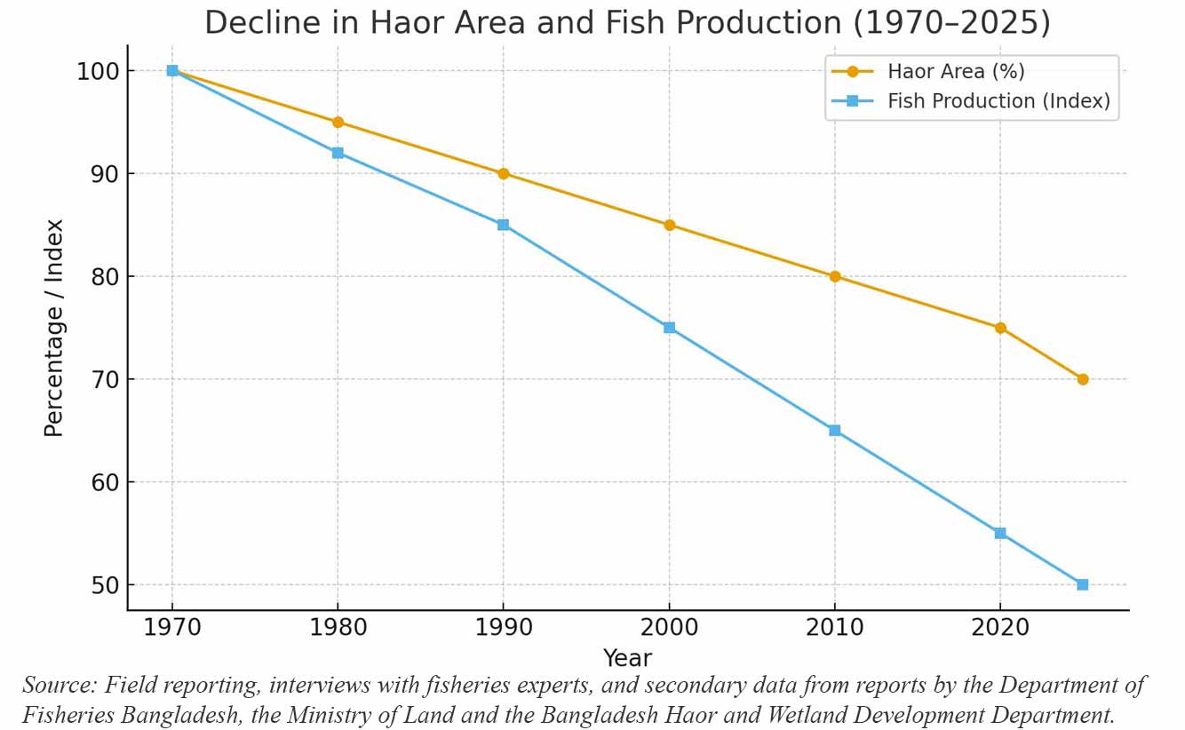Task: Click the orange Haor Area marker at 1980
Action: [x=338, y=123]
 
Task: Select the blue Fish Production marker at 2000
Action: [x=669, y=328]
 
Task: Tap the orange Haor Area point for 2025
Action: [x=1082, y=379]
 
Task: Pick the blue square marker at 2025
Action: [x=1082, y=584]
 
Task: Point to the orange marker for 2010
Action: [x=835, y=276]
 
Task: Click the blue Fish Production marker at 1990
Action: [x=504, y=225]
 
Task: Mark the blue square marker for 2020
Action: [x=1000, y=533]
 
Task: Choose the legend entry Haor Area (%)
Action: [x=956, y=72]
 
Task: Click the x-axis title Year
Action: [x=627, y=659]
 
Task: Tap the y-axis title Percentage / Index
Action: [x=55, y=328]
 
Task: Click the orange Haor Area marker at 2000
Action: [x=669, y=225]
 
